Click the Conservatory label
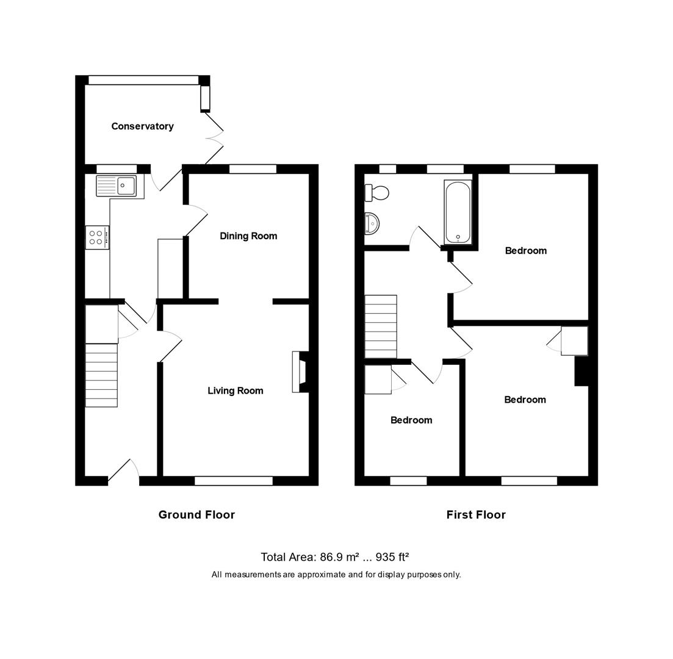142,126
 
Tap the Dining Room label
248,236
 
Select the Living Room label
236,391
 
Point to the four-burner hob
97,237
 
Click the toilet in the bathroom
376,193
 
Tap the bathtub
458,211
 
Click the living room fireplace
300,372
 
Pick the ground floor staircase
101,375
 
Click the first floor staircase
381,326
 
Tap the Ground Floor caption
196,514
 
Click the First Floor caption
476,514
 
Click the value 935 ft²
392,556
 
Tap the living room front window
233,481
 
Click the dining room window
253,169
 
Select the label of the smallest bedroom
411,420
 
